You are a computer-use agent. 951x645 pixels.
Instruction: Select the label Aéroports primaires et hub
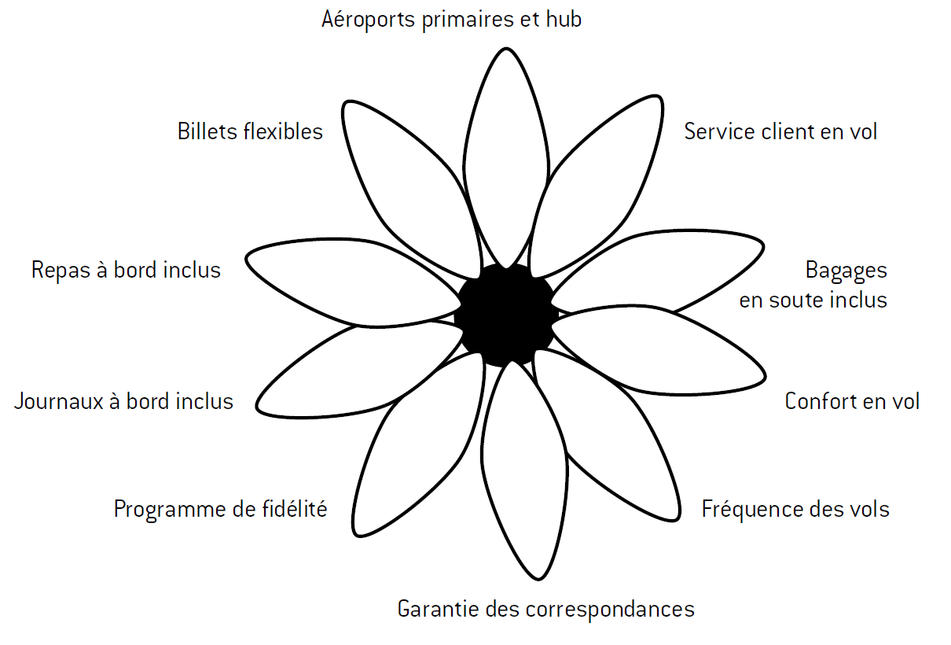point(452,20)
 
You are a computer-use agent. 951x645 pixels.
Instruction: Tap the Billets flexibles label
point(250,131)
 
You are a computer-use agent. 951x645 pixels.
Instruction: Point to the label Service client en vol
point(780,131)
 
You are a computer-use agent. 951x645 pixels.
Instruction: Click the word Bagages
point(846,271)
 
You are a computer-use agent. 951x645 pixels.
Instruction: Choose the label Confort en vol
point(852,401)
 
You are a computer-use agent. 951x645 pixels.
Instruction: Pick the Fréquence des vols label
point(795,510)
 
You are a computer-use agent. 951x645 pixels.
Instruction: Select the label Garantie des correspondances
point(546,609)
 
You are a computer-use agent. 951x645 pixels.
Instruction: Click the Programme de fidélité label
point(220,510)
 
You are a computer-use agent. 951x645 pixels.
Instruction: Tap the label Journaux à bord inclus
point(124,401)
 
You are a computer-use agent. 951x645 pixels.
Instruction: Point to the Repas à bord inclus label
point(126,271)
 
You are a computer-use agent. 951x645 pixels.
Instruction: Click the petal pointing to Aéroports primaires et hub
point(504,157)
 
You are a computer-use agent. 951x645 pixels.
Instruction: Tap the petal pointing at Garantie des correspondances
point(523,472)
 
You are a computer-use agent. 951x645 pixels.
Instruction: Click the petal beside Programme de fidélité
point(409,456)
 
